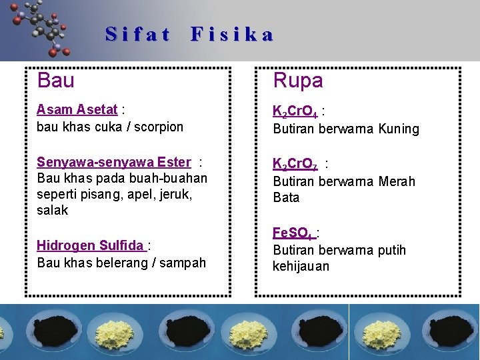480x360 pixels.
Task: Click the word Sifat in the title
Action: tap(137, 34)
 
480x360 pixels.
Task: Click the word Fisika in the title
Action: tap(232, 34)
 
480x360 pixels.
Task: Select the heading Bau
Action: tap(56, 81)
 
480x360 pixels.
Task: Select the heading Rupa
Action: tap(298, 81)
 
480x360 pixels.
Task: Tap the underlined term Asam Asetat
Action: tap(77, 109)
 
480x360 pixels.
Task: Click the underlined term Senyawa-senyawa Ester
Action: tap(114, 162)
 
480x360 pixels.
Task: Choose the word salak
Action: tap(53, 211)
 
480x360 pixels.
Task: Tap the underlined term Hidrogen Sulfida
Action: tap(91, 245)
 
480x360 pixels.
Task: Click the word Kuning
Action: tap(399, 129)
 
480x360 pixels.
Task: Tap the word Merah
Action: tap(397, 181)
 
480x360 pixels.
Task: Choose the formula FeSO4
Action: tap(293, 233)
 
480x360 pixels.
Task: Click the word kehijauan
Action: tap(301, 267)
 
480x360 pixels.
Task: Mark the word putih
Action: tap(390, 251)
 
